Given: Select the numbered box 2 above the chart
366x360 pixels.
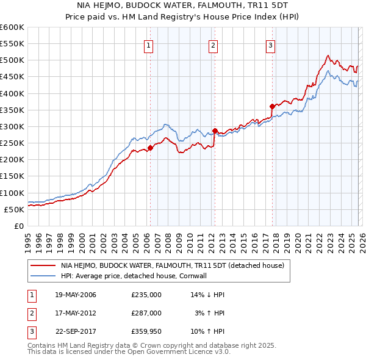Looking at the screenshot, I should tap(213, 44).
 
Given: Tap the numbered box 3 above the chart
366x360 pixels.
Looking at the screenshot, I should tap(270, 44).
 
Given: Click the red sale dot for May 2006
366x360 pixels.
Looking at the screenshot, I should tap(150, 146).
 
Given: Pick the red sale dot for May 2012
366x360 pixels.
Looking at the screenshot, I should tap(215, 131).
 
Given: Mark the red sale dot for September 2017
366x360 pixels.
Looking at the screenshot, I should tap(272, 106).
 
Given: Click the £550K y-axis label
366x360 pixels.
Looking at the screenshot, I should tap(12, 44).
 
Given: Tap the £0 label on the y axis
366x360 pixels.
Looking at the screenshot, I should tap(18, 226).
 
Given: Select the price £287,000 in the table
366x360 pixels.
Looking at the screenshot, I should tap(146, 312).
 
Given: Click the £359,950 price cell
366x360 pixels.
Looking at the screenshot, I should tap(146, 331).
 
